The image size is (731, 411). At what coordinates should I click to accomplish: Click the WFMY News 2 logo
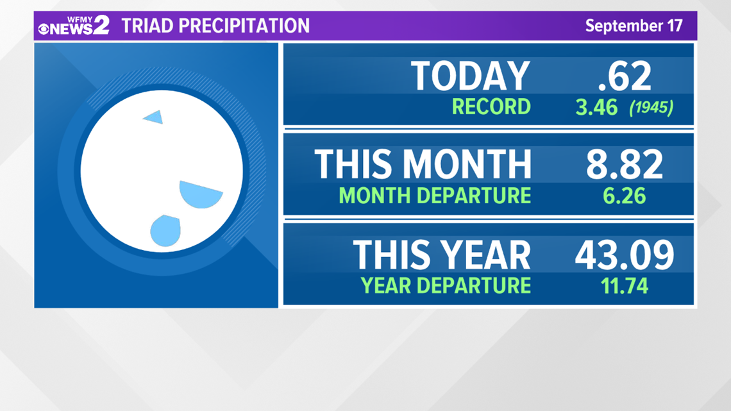[x=74, y=25]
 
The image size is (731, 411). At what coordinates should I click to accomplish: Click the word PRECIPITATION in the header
[x=244, y=26]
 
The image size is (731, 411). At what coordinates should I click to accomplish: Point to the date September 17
[x=634, y=26]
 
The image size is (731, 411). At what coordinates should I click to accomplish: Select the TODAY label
[x=471, y=76]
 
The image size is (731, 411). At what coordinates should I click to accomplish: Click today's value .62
[x=625, y=76]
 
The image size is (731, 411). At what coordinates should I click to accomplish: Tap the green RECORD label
[x=491, y=106]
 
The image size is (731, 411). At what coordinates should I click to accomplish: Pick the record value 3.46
[x=597, y=107]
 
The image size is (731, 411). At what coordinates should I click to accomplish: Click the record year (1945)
[x=651, y=108]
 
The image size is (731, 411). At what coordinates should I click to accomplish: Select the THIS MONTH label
[x=423, y=164]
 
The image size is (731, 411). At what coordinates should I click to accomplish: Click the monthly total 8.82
[x=625, y=164]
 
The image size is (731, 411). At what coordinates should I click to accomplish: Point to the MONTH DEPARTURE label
[x=435, y=196]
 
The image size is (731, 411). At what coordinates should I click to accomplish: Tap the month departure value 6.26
[x=625, y=196]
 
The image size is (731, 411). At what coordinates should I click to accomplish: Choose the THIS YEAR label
[x=442, y=255]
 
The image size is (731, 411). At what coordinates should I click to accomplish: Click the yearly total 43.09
[x=625, y=255]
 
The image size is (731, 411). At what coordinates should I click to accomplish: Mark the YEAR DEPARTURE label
[x=446, y=286]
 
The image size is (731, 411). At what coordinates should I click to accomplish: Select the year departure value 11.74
[x=625, y=286]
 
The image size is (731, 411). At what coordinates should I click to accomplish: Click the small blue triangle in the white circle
[x=155, y=117]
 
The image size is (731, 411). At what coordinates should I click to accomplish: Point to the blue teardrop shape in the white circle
[x=166, y=230]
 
